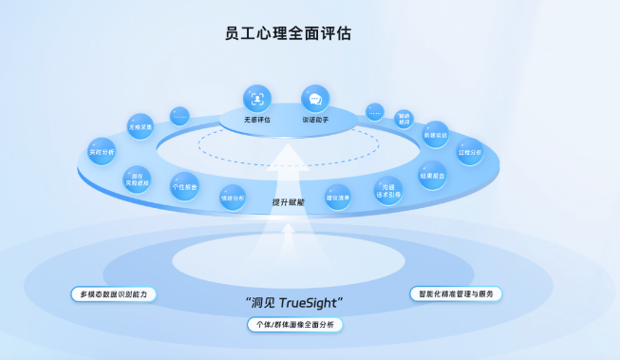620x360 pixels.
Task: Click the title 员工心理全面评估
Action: tap(289, 33)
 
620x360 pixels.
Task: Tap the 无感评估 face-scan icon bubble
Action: tap(256, 98)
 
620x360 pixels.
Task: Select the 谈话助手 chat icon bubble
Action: tap(314, 98)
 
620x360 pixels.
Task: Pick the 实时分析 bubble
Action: tap(102, 152)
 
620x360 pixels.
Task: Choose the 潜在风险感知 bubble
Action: tap(137, 179)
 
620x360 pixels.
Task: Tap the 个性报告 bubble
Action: tap(183, 187)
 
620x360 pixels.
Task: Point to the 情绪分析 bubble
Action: tap(233, 197)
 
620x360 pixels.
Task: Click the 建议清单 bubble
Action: tap(339, 197)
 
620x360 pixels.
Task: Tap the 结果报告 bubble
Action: tap(433, 176)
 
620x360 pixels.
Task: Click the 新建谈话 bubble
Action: tap(435, 134)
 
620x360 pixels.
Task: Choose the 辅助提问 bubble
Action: tap(403, 118)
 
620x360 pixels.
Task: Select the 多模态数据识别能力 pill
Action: tap(113, 294)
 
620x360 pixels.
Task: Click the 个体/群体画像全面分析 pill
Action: tap(293, 325)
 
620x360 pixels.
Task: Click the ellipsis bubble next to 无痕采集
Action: tap(179, 116)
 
